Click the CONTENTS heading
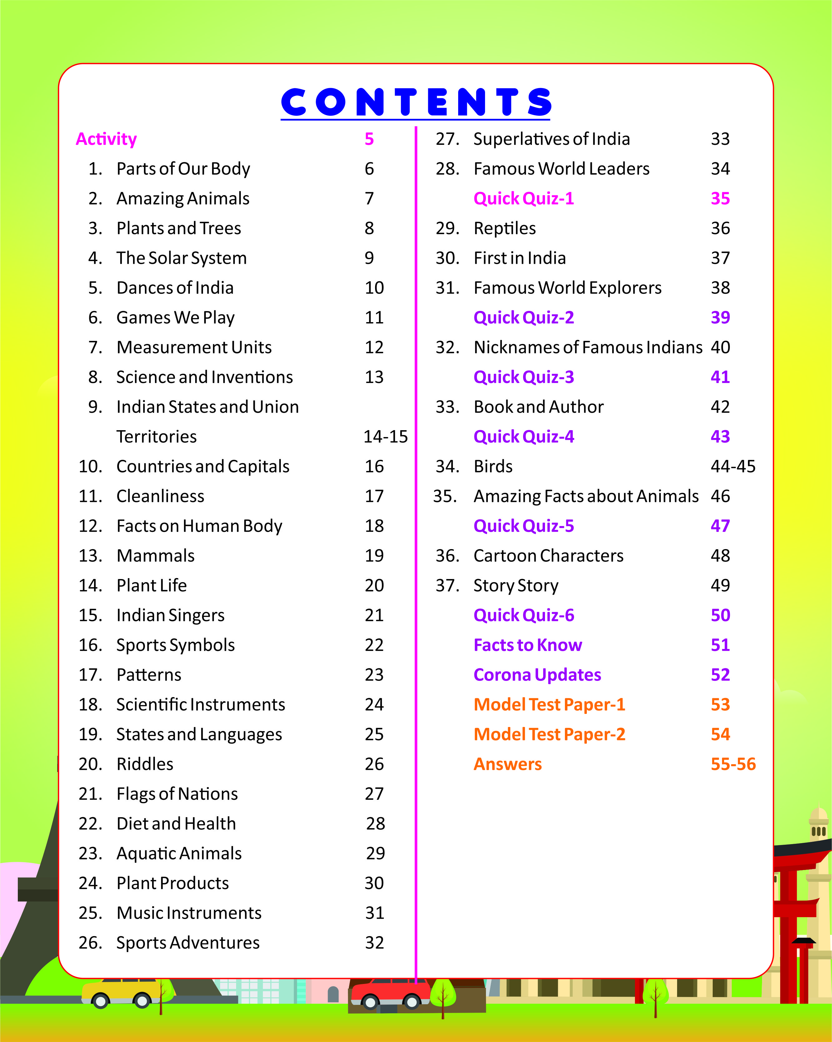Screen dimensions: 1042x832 pyautogui.click(x=416, y=102)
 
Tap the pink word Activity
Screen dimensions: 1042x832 pyautogui.click(x=106, y=139)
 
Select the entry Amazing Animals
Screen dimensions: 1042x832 pyautogui.click(x=183, y=199)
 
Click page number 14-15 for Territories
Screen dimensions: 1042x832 pyautogui.click(x=385, y=437)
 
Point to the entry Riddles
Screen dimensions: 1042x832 pyautogui.click(x=145, y=764)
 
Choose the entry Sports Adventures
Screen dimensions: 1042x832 pyautogui.click(x=188, y=943)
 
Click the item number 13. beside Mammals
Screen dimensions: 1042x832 pyautogui.click(x=90, y=556)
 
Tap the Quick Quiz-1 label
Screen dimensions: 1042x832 pyautogui.click(x=523, y=199)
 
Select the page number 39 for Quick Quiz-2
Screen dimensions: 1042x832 pyautogui.click(x=720, y=317)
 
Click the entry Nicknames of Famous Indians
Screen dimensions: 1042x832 pyautogui.click(x=587, y=347)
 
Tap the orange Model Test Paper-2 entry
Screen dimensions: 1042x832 pyautogui.click(x=549, y=735)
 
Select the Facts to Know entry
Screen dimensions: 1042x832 pyautogui.click(x=527, y=645)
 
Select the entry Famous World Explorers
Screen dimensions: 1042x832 pyautogui.click(x=567, y=288)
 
